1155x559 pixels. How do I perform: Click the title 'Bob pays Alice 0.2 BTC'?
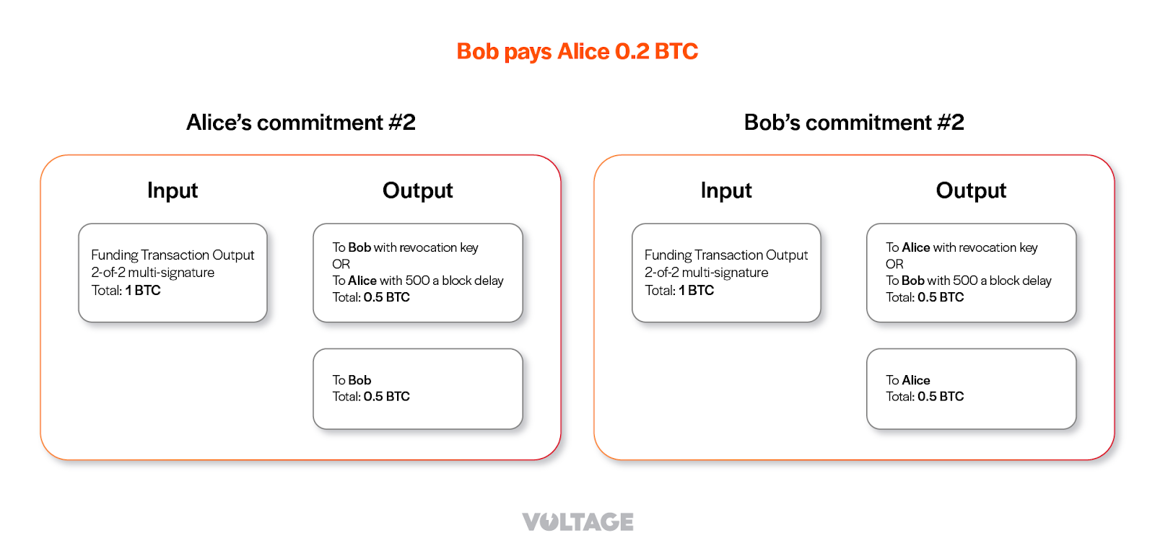click(x=577, y=51)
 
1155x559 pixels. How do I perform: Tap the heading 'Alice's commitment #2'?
click(x=300, y=123)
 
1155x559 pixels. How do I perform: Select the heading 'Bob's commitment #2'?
click(x=853, y=123)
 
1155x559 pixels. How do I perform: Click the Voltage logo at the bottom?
click(x=577, y=521)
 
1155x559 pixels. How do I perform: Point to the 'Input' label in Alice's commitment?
click(x=172, y=190)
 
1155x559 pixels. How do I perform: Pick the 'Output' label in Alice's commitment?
click(x=417, y=190)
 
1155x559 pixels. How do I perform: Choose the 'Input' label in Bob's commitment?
click(x=725, y=190)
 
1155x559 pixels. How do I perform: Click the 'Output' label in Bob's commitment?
click(x=970, y=190)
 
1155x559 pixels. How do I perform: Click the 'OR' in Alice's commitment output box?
click(x=341, y=264)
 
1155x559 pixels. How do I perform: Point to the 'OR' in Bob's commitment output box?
click(x=894, y=264)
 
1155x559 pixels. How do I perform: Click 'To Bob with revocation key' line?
click(x=405, y=247)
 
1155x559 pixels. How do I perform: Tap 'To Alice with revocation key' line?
click(x=962, y=247)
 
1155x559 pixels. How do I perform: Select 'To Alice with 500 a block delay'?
click(x=417, y=281)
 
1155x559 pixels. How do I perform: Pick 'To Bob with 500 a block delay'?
click(x=968, y=281)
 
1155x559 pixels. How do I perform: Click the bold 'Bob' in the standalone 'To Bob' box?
click(x=359, y=380)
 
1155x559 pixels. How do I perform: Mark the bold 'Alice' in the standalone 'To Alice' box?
click(x=916, y=380)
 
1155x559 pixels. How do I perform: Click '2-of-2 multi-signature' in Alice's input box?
click(x=152, y=273)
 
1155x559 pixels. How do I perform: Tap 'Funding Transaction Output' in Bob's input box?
click(x=725, y=255)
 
